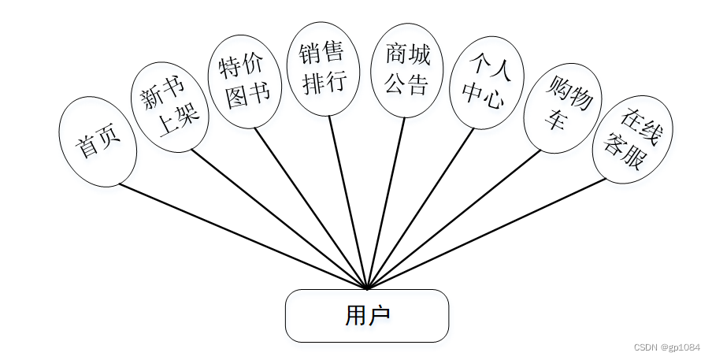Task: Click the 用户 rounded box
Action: (x=366, y=316)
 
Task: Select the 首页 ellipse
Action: (x=98, y=142)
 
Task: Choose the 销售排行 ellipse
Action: (x=323, y=69)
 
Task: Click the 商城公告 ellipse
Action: (x=407, y=70)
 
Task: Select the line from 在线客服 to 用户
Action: (x=488, y=233)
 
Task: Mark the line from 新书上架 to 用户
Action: (x=276, y=217)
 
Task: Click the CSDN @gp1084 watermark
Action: (x=666, y=347)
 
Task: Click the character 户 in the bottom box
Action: (x=379, y=316)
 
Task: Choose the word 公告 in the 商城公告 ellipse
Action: (x=407, y=84)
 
